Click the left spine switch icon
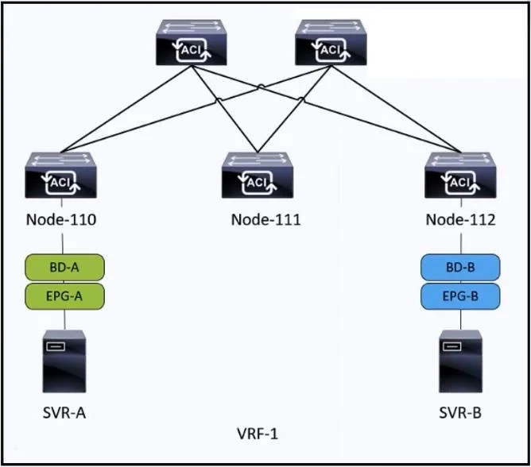(192, 42)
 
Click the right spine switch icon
(331, 42)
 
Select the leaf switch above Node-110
(61, 176)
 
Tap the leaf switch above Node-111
(258, 176)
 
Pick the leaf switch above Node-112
(460, 176)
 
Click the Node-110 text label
(61, 220)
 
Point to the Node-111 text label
(265, 220)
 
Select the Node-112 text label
(460, 220)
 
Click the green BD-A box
(64, 268)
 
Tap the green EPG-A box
(64, 296)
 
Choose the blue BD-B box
(460, 268)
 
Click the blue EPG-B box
(460, 296)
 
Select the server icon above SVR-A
(64, 361)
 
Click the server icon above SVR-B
(460, 361)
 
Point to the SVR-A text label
(64, 413)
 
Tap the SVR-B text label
(460, 413)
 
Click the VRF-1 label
(258, 434)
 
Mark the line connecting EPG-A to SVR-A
(64, 320)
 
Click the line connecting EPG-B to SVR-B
(460, 320)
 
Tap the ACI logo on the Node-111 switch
(258, 183)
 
